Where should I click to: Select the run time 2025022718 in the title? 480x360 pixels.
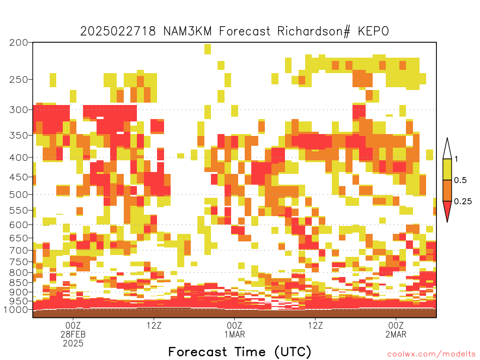click(x=118, y=31)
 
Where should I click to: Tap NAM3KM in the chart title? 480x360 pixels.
click(x=187, y=31)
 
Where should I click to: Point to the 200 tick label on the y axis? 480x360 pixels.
click(x=18, y=43)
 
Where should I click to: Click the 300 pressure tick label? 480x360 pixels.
click(x=18, y=110)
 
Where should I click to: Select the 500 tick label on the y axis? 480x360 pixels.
click(x=18, y=195)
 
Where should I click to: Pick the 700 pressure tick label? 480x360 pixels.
click(x=18, y=251)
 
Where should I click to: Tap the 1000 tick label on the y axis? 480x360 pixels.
click(x=16, y=310)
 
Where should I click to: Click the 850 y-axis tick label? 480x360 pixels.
click(x=18, y=283)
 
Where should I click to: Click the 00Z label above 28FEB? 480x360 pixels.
click(x=73, y=325)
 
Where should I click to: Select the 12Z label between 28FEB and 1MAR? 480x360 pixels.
click(x=154, y=325)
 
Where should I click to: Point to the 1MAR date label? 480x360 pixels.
click(x=234, y=334)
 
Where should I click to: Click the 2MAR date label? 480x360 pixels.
click(x=396, y=334)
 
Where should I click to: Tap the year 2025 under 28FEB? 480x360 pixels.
click(x=73, y=344)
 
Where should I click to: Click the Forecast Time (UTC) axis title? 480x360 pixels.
click(x=240, y=352)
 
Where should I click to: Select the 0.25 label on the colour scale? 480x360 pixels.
click(x=463, y=202)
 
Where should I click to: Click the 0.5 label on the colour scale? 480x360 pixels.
click(x=460, y=180)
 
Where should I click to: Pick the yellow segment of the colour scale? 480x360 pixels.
click(x=447, y=169)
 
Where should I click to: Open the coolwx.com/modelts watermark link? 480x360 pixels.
click(x=432, y=354)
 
